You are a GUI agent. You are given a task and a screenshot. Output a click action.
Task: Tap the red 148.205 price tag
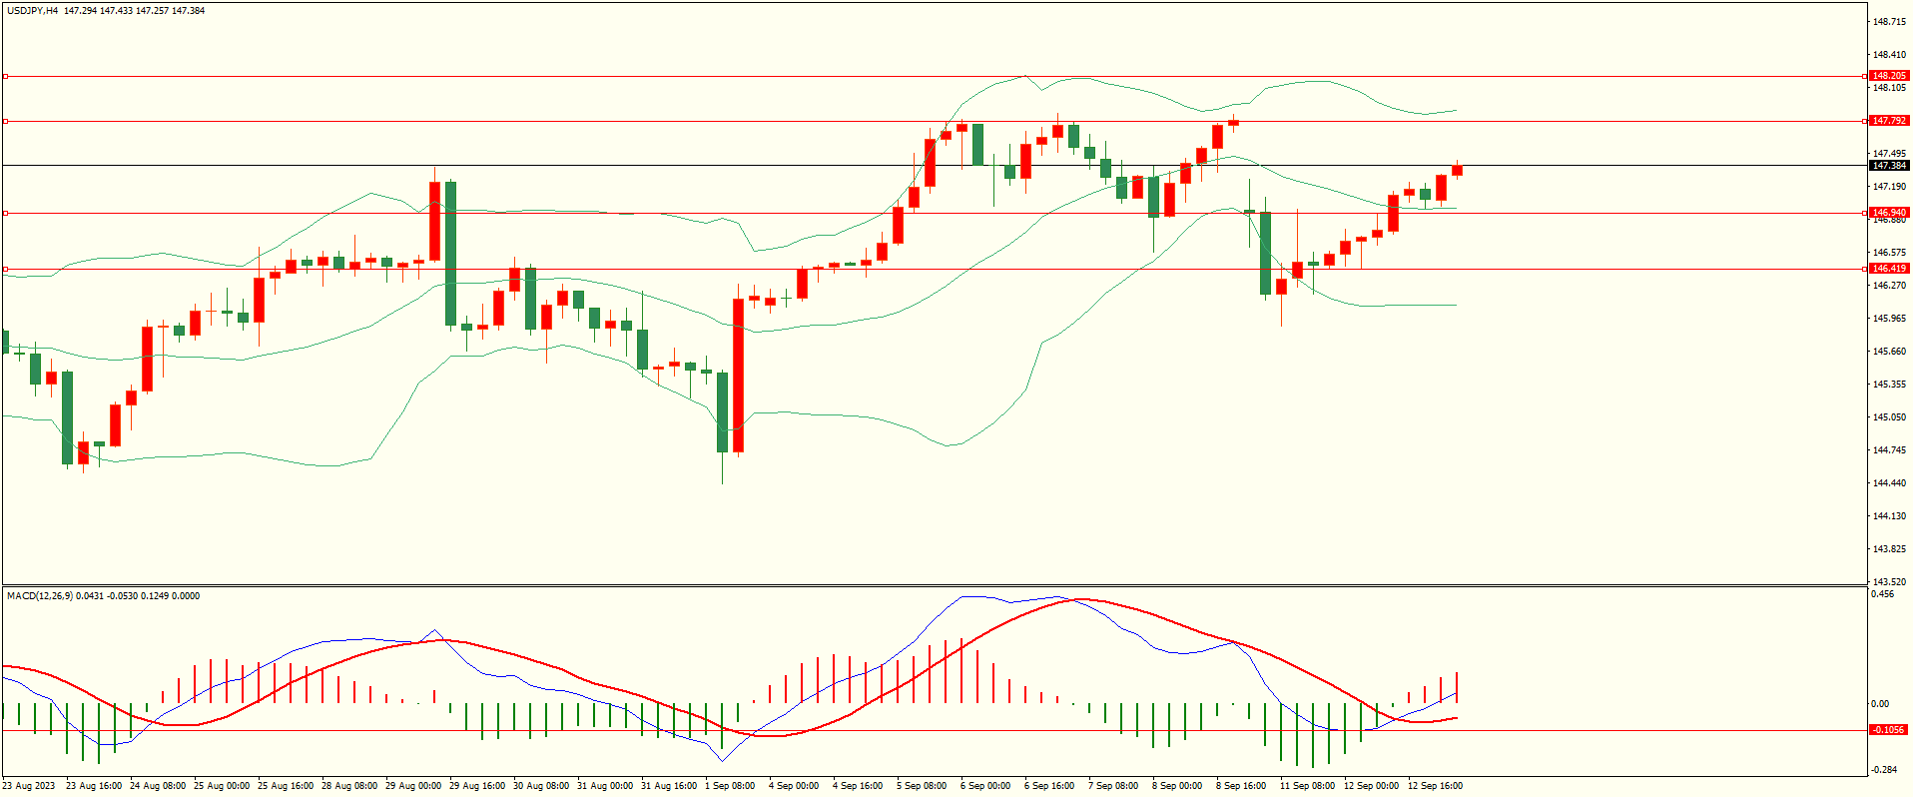[1889, 76]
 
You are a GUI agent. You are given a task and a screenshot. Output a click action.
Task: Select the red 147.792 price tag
[1889, 121]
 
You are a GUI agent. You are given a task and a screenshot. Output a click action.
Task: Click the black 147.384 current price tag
[1889, 166]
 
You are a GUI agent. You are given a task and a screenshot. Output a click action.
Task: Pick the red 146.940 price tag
[1889, 213]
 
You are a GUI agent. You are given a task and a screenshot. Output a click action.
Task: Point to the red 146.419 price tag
[1889, 269]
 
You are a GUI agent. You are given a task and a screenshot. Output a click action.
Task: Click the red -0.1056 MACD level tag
[1888, 730]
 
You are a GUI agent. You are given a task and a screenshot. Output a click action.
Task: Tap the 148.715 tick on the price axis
[1889, 22]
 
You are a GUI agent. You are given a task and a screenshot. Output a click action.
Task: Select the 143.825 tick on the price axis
[1889, 549]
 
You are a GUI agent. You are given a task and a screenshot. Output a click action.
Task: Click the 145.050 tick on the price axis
[1889, 417]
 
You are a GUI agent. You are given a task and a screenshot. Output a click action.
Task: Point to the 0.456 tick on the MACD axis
[1883, 594]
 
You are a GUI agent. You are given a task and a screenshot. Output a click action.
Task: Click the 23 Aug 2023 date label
[29, 786]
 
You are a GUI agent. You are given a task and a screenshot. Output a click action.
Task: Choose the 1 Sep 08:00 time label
[730, 786]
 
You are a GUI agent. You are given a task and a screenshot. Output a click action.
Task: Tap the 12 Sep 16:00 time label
[1435, 786]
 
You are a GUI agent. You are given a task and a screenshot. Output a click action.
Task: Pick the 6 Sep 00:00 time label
[985, 786]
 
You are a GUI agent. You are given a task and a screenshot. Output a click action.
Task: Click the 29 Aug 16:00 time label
[477, 786]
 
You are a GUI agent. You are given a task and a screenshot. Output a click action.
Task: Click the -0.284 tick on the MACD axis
[1884, 769]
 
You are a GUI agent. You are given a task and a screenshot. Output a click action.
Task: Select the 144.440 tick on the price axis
[1889, 483]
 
